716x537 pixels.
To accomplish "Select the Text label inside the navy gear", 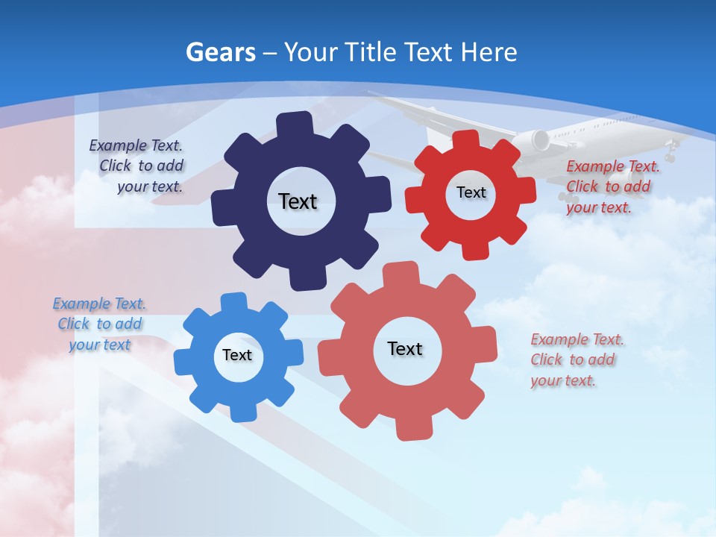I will click(x=298, y=201).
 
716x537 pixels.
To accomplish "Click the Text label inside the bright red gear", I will click(x=471, y=192).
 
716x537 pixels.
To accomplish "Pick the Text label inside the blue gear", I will click(x=237, y=355).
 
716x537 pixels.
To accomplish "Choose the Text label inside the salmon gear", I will click(x=405, y=348).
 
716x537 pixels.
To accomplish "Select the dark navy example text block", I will click(x=137, y=166).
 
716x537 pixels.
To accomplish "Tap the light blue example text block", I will click(x=100, y=324).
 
